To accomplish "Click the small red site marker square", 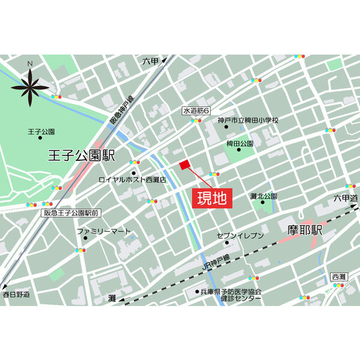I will tap(184, 164).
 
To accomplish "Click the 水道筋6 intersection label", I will tap(196, 111).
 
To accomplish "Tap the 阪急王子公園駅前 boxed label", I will tap(72, 212).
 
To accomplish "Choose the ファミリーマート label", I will tap(103, 231).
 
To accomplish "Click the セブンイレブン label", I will tap(240, 236).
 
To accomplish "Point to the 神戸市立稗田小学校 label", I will tap(248, 121).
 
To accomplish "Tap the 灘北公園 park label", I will tap(263, 196).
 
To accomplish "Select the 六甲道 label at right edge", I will tap(346, 198).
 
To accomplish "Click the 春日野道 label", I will tap(16, 295).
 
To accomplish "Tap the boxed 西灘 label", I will tap(338, 276).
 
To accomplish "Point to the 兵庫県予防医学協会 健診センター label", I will tap(232, 295).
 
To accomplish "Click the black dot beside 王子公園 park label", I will tap(41, 137).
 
